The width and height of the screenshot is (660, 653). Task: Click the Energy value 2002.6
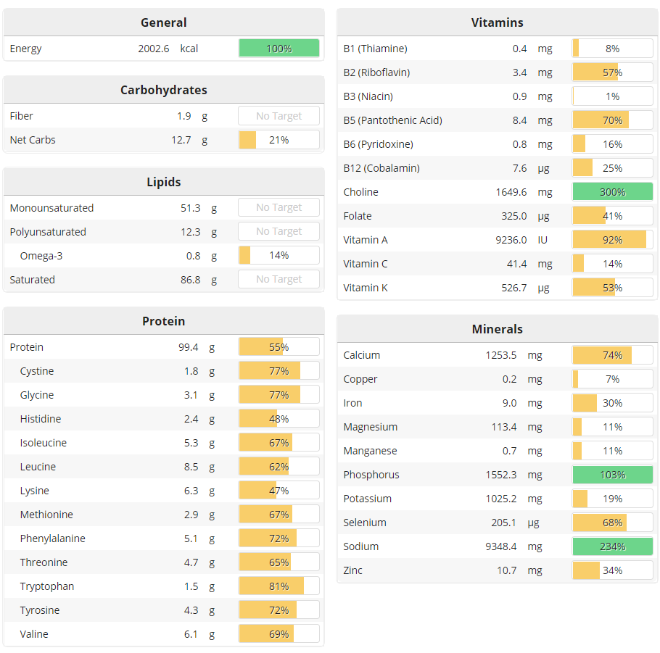pyautogui.click(x=153, y=49)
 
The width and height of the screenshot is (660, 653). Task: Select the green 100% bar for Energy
pyautogui.click(x=279, y=49)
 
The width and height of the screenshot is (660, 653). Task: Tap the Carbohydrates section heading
pyautogui.click(x=164, y=90)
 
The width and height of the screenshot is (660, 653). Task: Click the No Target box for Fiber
pyautogui.click(x=279, y=116)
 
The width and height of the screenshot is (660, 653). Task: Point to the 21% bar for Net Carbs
pyautogui.click(x=279, y=140)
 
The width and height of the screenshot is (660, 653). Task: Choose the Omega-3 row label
pyautogui.click(x=41, y=255)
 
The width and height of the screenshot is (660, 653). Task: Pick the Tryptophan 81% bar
pyautogui.click(x=279, y=586)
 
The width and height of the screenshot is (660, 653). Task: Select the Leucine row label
pyautogui.click(x=38, y=467)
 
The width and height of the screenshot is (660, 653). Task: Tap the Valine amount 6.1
pyautogui.click(x=191, y=634)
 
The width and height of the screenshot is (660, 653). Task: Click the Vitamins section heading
pyautogui.click(x=497, y=22)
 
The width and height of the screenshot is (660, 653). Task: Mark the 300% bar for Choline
pyautogui.click(x=613, y=192)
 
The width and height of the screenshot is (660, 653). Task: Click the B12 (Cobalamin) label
pyautogui.click(x=381, y=168)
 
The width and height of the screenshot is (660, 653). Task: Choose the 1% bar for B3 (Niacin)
pyautogui.click(x=613, y=96)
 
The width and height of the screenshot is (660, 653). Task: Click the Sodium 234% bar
pyautogui.click(x=613, y=546)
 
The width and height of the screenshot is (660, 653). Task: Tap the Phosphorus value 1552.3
pyautogui.click(x=501, y=475)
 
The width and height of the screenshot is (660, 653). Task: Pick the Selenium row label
pyautogui.click(x=365, y=523)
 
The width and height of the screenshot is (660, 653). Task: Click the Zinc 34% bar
pyautogui.click(x=613, y=570)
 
